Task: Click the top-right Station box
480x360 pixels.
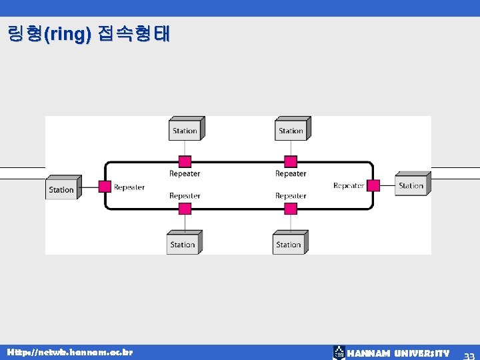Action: point(291,129)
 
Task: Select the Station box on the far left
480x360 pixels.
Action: point(63,188)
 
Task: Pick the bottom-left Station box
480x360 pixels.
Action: point(183,243)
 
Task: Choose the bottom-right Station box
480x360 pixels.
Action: point(289,243)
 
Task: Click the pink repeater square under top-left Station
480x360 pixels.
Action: point(185,161)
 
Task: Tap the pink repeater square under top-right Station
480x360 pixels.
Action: point(291,161)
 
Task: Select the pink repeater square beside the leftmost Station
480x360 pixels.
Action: point(105,187)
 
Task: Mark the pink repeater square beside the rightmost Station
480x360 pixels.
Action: point(373,185)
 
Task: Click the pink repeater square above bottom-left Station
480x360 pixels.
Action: point(185,209)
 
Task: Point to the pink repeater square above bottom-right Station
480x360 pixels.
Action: point(291,209)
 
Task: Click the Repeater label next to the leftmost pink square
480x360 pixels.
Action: point(129,187)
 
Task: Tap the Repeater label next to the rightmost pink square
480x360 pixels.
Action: point(349,185)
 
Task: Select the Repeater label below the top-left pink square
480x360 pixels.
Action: point(185,174)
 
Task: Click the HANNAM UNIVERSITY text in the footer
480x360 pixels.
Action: point(398,353)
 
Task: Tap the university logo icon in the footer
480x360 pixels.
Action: point(339,353)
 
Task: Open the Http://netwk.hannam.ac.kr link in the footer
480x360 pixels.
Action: point(69,351)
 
